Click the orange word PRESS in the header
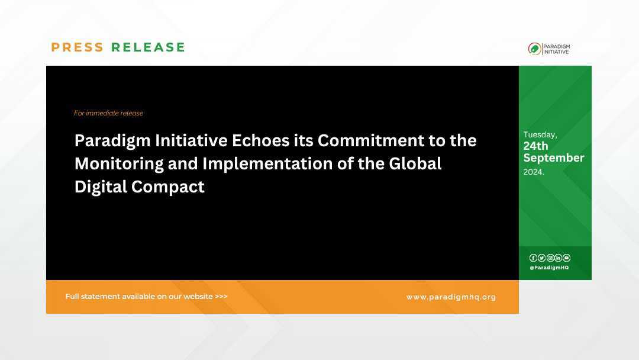[77, 47]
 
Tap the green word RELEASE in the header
[149, 47]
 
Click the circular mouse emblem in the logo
[534, 49]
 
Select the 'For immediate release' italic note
[108, 113]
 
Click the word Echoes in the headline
[260, 141]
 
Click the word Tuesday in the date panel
[540, 135]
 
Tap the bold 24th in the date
[535, 146]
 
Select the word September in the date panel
[553, 158]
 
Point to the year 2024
[533, 172]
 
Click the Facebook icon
[533, 258]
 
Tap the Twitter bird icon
[541, 258]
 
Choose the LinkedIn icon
[558, 258]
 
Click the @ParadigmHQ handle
[549, 268]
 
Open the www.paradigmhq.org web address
[451, 297]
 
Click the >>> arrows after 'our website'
[221, 297]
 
